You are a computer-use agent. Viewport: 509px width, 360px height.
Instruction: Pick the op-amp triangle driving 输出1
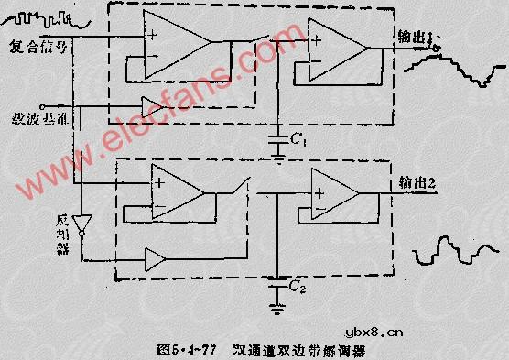(x=335, y=46)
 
